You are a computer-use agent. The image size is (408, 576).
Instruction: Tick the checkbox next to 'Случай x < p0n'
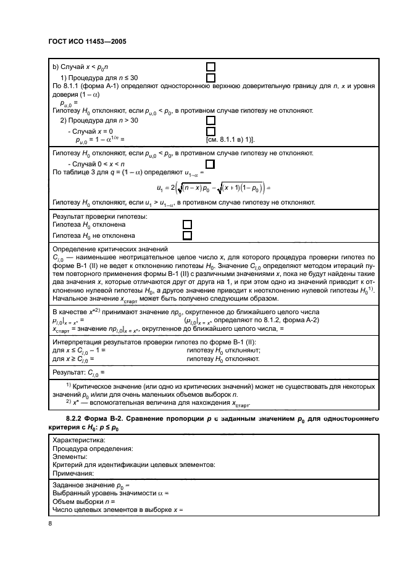coord(210,67)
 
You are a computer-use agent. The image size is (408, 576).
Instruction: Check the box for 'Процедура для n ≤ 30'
coord(210,78)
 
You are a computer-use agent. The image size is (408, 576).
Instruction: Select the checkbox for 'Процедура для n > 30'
coord(210,121)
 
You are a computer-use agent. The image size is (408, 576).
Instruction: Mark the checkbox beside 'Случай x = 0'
coord(210,131)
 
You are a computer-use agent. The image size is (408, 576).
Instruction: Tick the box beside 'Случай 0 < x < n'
coord(210,164)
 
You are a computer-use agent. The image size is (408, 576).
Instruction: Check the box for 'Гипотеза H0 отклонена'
coord(188,225)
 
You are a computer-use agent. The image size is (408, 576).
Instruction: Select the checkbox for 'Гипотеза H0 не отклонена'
coord(188,235)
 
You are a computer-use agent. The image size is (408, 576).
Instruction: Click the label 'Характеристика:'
coord(79,440)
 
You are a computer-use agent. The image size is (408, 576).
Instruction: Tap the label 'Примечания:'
coord(73,474)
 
